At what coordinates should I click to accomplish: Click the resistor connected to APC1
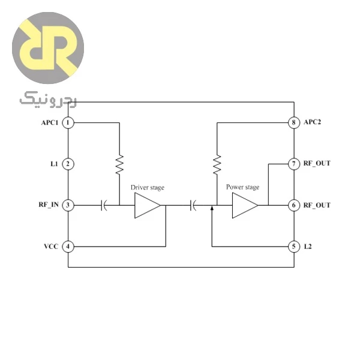pos(119,164)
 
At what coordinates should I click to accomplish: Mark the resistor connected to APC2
pos(217,164)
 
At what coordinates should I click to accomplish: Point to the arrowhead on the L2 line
pos(212,208)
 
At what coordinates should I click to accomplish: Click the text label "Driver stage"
pos(148,188)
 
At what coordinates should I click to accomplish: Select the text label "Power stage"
pos(242,187)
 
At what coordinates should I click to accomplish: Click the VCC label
pos(51,247)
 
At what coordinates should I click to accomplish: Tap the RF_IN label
pos(49,205)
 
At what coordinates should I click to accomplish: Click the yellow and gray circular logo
pos(48,48)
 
